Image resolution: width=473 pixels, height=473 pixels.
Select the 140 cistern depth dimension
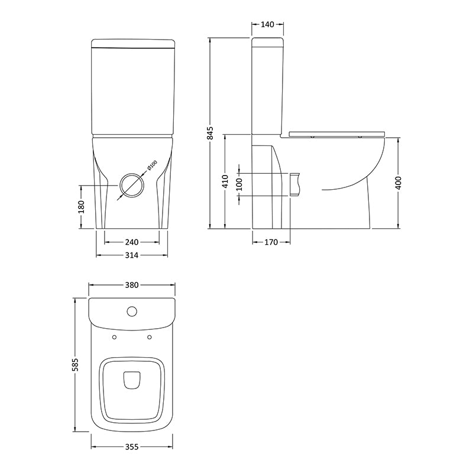tap(267, 25)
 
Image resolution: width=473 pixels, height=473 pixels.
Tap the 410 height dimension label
tap(225, 181)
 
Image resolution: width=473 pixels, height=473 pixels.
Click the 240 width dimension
tap(131, 241)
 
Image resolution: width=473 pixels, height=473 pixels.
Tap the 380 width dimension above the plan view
tap(131, 285)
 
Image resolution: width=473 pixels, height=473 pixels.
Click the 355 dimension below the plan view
tap(131, 447)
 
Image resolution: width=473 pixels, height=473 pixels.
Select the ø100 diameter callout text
tap(150, 166)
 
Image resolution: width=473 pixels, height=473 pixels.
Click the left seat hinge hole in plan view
tap(113, 338)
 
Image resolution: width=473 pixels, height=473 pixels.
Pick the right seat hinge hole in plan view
tap(149, 338)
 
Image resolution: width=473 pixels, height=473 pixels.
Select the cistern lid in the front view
tap(134, 44)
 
